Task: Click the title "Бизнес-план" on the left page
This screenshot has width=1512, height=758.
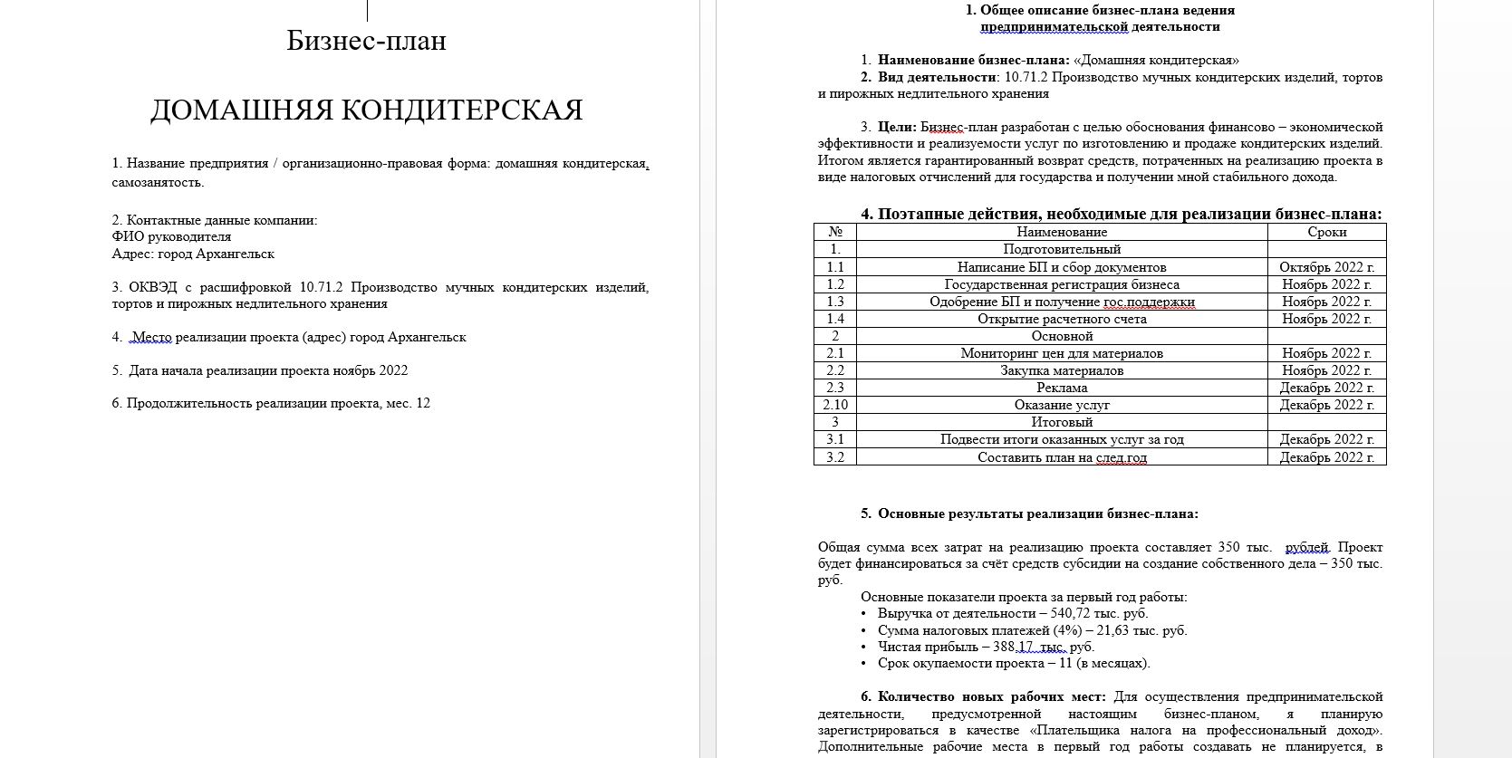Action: coord(366,41)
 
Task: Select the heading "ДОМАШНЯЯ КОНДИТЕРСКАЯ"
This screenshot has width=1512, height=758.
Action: coord(366,110)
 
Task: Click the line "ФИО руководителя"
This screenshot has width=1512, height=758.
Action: coord(171,237)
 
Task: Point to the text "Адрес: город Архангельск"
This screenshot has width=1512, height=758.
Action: coord(193,254)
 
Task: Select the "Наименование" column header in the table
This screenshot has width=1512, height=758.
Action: coord(1061,233)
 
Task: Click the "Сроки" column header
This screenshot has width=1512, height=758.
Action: coord(1326,233)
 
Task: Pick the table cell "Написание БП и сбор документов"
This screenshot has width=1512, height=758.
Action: coord(1061,267)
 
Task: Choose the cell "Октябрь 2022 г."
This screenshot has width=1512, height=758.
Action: coord(1326,267)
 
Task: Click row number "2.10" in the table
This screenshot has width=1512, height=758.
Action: coord(834,405)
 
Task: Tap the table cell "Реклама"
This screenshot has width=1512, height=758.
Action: coord(1061,388)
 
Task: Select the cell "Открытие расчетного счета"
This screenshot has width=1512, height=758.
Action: coord(1061,319)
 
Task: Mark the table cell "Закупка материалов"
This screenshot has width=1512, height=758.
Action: coord(1061,370)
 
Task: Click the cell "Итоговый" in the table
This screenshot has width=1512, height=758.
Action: coord(1061,422)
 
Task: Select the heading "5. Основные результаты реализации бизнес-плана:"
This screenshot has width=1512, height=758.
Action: coord(1029,514)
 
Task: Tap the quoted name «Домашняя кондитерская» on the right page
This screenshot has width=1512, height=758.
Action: coord(1156,61)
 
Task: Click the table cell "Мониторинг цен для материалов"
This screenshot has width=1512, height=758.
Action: coord(1061,353)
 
